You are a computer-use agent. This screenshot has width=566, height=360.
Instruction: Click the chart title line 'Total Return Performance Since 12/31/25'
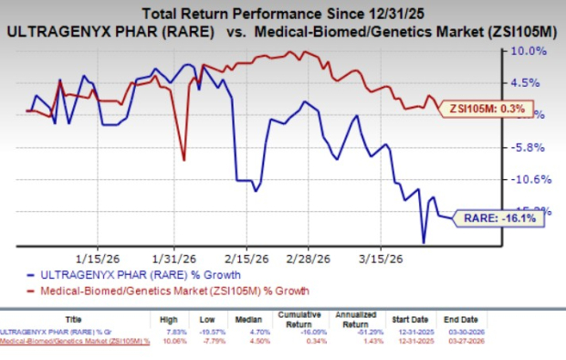coord(283,12)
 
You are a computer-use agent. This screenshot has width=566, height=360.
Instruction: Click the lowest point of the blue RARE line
coord(424,242)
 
